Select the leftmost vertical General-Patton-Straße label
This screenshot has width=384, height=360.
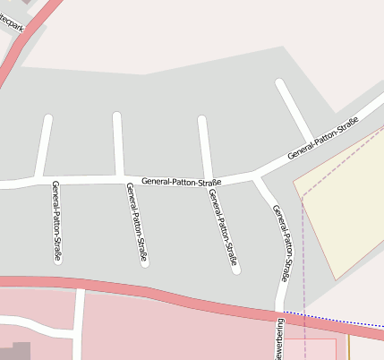[56, 220]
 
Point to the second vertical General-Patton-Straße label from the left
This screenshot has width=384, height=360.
[137, 223]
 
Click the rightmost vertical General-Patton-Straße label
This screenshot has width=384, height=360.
[286, 242]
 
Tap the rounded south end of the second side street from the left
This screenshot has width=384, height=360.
[143, 263]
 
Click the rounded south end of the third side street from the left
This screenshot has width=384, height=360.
[235, 268]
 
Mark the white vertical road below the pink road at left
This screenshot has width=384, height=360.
[79, 322]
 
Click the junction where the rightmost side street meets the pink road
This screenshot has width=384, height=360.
[279, 309]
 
